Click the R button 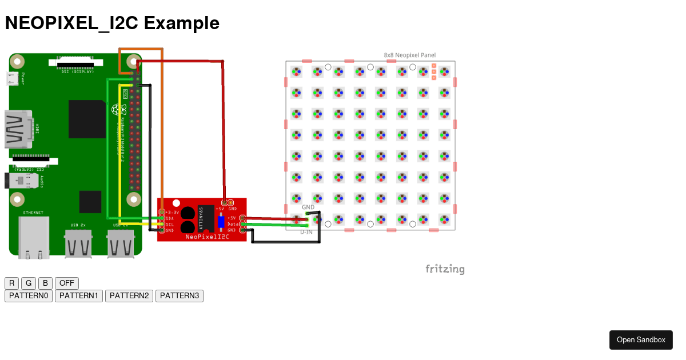tap(11, 283)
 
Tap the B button tap(45, 283)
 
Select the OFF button tap(67, 283)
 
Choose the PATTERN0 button tap(29, 296)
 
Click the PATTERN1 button tap(79, 296)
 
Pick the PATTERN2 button tap(129, 296)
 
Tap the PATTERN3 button tap(180, 296)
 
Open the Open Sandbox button tap(641, 340)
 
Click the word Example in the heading tap(182, 23)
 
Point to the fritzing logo tap(445, 269)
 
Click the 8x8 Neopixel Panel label tap(409, 55)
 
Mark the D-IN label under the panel tap(306, 232)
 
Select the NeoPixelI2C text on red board tap(207, 236)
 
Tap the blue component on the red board tap(221, 221)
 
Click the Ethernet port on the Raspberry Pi tap(34, 237)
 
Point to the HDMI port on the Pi tap(17, 129)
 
